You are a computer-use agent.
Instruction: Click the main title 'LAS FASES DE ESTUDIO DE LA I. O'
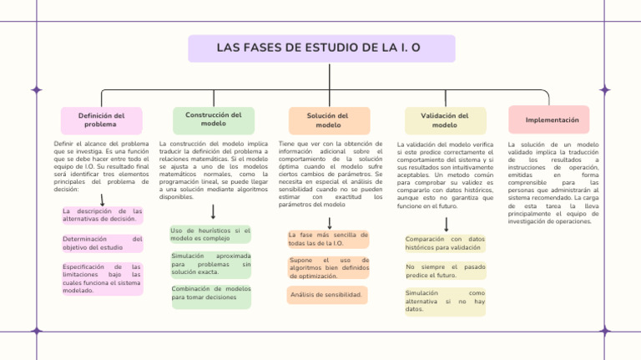pos(321,48)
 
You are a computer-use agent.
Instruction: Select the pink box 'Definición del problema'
pos(101,120)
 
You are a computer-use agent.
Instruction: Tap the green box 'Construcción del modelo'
pos(213,119)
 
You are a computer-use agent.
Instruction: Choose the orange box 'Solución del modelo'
pos(328,120)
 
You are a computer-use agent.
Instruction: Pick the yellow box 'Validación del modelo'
pos(444,120)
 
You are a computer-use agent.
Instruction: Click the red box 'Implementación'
pos(548,119)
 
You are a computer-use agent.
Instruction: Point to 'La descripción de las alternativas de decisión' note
pos(102,215)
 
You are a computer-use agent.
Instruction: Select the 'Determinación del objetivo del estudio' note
pos(102,243)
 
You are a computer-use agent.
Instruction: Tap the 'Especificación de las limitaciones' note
pos(102,279)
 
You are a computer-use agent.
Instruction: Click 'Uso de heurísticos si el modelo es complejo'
pos(210,234)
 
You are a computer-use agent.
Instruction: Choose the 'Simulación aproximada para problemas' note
pos(210,264)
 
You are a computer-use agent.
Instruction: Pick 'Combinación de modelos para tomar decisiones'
pos(210,293)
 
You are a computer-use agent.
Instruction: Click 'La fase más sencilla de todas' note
pos(328,240)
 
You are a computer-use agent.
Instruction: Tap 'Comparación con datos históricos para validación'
pos(444,243)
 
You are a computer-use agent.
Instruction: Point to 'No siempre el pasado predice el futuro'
pos(444,271)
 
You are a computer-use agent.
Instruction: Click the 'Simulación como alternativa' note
pos(444,302)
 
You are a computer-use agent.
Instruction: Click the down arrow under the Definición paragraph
pos(102,200)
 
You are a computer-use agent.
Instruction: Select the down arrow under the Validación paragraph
pos(447,224)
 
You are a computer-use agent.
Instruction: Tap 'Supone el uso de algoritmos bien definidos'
pos(328,268)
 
